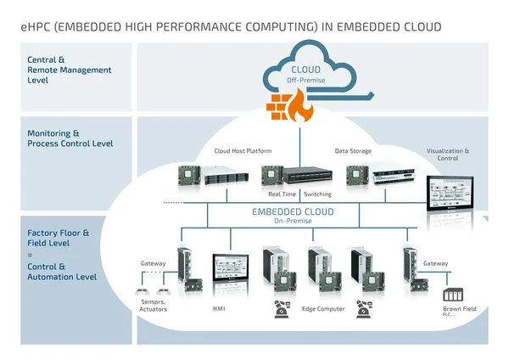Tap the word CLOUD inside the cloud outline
point(305,69)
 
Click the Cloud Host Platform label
point(243,151)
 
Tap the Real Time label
point(282,194)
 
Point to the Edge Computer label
point(324,309)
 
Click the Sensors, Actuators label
point(153,306)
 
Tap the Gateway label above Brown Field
point(435,264)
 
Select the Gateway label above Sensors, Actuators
point(153,264)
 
